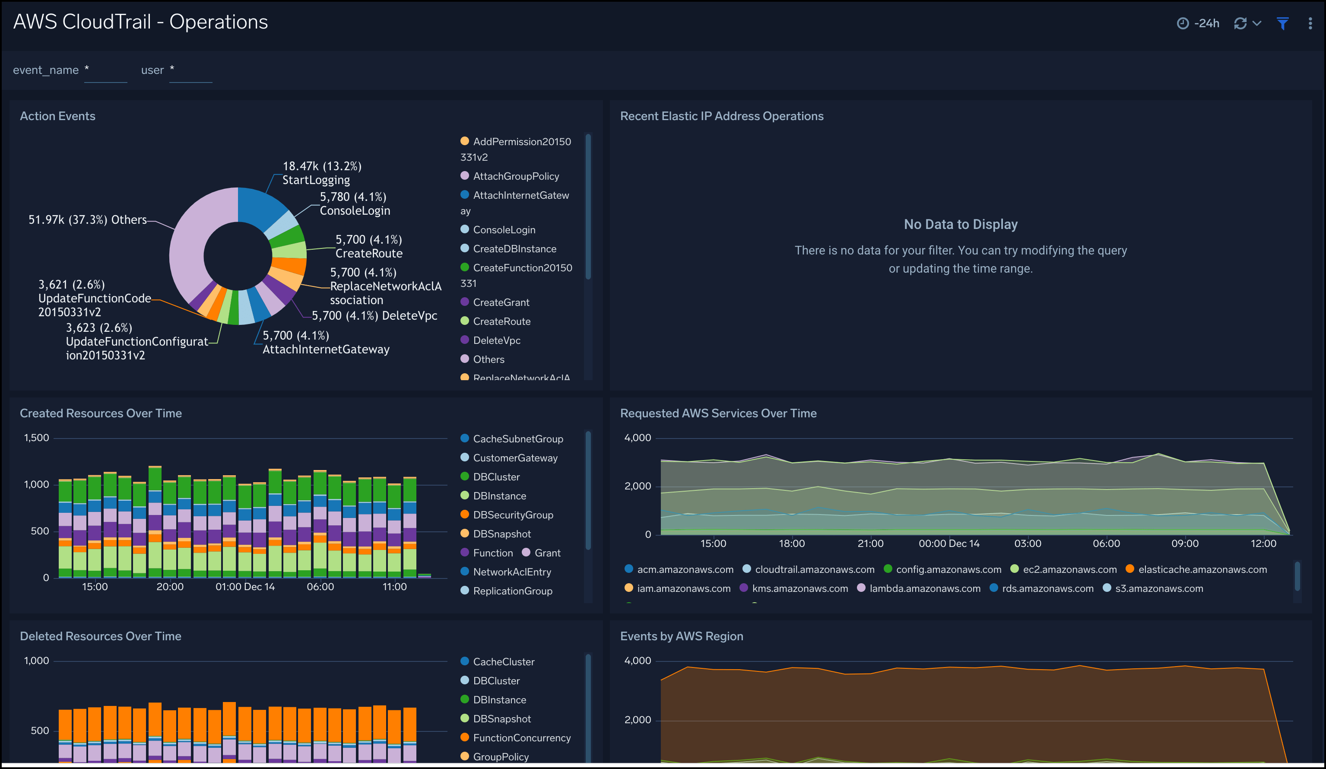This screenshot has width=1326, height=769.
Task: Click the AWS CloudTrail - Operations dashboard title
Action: (140, 22)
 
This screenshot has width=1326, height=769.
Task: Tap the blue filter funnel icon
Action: (1282, 23)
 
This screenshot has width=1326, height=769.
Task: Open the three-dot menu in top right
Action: (1310, 23)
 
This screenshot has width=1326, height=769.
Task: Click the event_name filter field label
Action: (46, 70)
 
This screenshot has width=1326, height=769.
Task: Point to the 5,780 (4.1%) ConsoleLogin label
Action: (354, 203)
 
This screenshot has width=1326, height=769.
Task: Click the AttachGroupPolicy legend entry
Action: (515, 176)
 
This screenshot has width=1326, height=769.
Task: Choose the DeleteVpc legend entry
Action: (496, 340)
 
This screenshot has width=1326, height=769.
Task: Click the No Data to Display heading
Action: (960, 224)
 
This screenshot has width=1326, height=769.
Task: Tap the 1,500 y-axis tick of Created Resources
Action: (36, 438)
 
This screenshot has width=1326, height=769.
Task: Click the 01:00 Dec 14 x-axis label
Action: (245, 587)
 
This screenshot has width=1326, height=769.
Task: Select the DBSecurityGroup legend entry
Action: (513, 515)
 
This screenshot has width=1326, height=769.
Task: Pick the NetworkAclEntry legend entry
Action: (511, 572)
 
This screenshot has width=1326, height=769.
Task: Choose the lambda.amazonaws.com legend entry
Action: (924, 588)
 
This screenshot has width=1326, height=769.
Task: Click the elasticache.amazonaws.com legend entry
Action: (1202, 569)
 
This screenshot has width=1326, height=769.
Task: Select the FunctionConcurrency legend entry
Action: (521, 738)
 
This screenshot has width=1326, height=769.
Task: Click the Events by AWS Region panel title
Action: (682, 636)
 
